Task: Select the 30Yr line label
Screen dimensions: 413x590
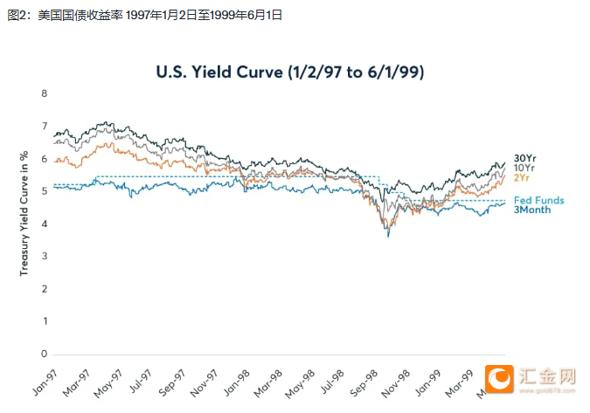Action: pos(524,157)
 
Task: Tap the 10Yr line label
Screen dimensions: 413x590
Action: pos(524,167)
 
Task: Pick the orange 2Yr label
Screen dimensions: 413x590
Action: pos(522,177)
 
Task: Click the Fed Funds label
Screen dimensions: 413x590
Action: pos(538,200)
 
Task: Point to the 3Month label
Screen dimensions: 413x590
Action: pos(532,210)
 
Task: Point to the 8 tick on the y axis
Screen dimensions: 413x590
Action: pos(44,93)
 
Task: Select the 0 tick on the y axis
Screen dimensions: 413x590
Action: pos(44,354)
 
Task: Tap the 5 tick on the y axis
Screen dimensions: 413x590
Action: pos(44,191)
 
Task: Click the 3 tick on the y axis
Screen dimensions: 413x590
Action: pos(44,257)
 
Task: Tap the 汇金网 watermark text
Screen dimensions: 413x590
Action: pos(549,375)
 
